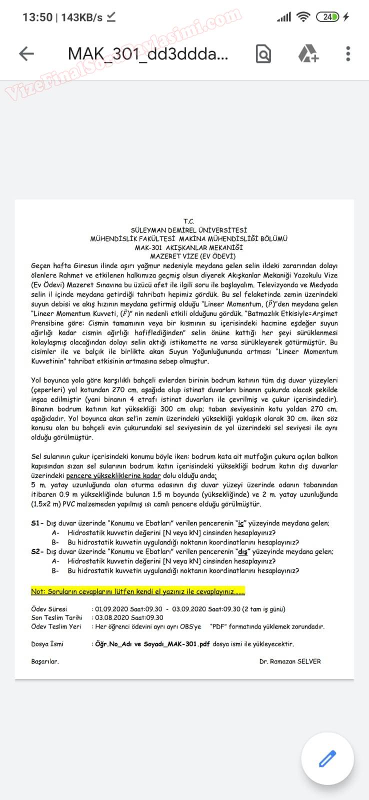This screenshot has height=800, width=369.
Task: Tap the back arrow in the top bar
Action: pos(26,53)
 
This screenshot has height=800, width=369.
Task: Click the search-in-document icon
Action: pos(263,53)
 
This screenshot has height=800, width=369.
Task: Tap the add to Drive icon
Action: pos(308,53)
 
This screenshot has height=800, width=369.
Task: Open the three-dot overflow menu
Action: pos(348,53)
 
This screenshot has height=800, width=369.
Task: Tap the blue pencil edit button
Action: pos(327,758)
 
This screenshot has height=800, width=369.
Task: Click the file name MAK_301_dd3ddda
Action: pos(147,53)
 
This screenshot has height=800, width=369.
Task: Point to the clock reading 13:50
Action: pos(37,17)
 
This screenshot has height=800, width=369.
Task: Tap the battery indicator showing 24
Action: pos(327,17)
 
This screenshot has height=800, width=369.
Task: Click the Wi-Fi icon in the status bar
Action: pos(303,17)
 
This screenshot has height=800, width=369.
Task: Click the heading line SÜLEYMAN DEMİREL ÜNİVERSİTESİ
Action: pos(188,230)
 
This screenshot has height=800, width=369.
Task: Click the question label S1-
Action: pos(37,523)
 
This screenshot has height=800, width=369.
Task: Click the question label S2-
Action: pos(37,552)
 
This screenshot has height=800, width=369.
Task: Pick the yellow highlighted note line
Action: pos(138,591)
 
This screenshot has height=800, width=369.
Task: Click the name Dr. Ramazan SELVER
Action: pos(290,661)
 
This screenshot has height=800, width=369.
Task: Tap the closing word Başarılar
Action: pos(44,661)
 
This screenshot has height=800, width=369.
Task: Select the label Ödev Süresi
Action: pos(49,609)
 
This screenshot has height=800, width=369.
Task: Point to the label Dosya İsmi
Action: pos(47,644)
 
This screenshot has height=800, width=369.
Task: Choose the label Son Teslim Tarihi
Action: pos(56,617)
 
